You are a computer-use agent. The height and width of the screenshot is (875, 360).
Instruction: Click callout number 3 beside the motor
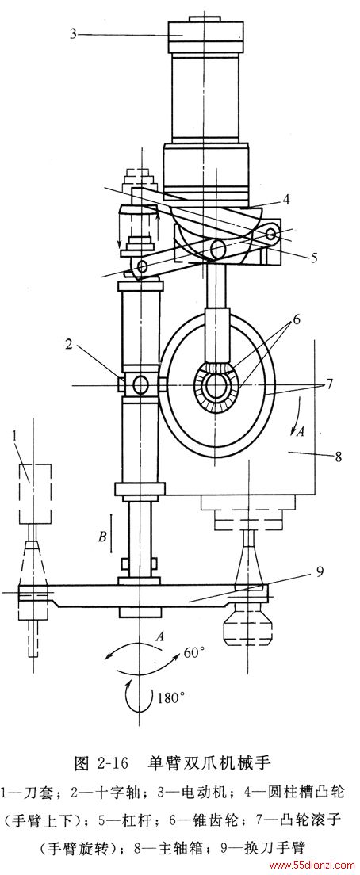[x=73, y=33]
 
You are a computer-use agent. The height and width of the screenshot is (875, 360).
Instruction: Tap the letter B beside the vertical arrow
[x=102, y=537]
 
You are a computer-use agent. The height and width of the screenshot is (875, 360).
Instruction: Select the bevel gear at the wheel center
[x=216, y=387]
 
